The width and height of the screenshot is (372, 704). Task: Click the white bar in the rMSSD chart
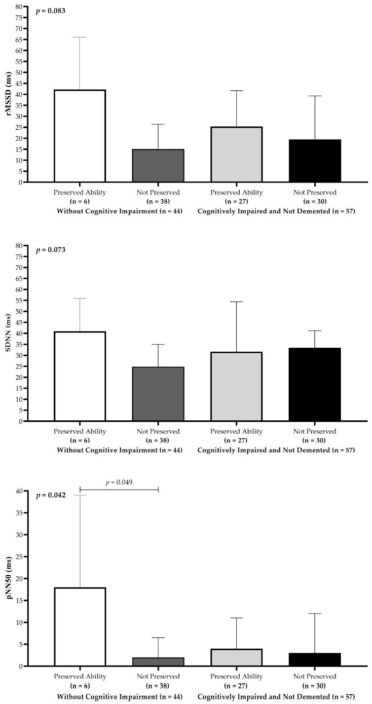click(x=80, y=136)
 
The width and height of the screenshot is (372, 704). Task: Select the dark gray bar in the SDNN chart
click(x=158, y=394)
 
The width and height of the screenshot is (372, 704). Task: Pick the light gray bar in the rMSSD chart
click(x=237, y=154)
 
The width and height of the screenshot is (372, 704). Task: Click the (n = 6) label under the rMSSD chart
click(x=80, y=201)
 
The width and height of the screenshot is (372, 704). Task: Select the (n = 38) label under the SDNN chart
click(x=158, y=441)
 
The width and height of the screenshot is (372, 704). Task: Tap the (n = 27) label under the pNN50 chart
click(x=237, y=685)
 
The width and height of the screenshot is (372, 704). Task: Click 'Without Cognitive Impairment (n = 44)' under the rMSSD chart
click(x=119, y=211)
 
